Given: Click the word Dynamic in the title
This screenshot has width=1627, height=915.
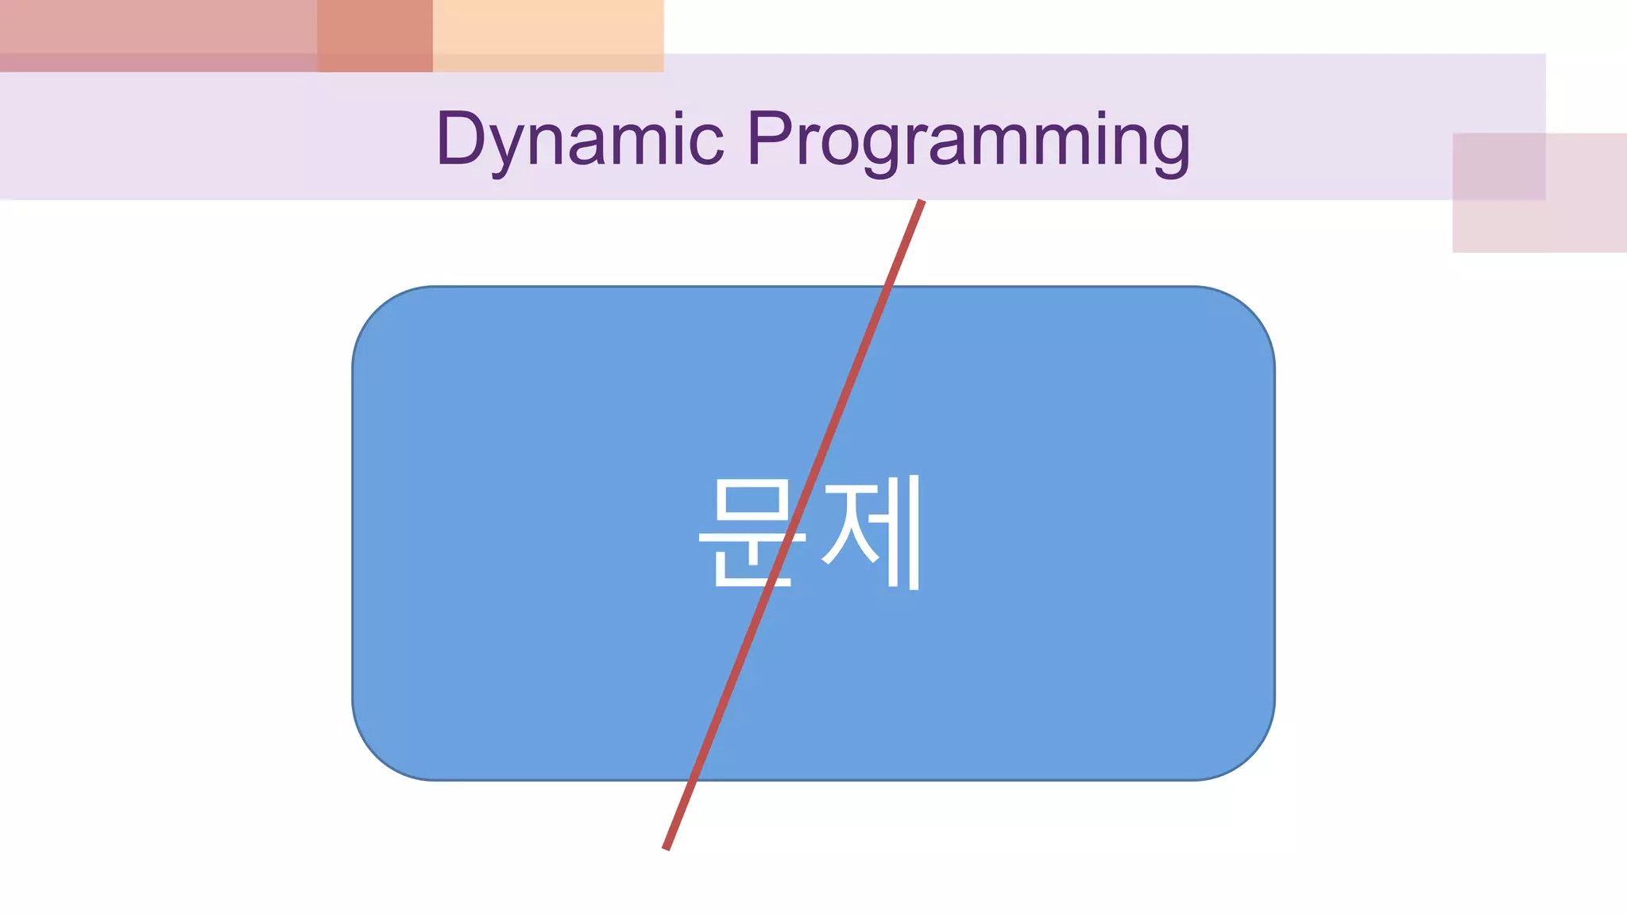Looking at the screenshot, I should [580, 139].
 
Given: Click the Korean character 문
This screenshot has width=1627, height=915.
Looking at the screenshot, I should [752, 532].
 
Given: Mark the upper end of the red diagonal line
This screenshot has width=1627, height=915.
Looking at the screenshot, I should [922, 202].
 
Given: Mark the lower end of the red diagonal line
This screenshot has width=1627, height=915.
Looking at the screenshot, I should [666, 849].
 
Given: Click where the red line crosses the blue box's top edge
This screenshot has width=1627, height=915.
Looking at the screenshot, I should [888, 288].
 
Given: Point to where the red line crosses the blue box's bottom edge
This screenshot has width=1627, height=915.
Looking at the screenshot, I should [694, 780].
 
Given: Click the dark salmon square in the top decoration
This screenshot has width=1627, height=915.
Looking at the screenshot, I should [375, 36].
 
